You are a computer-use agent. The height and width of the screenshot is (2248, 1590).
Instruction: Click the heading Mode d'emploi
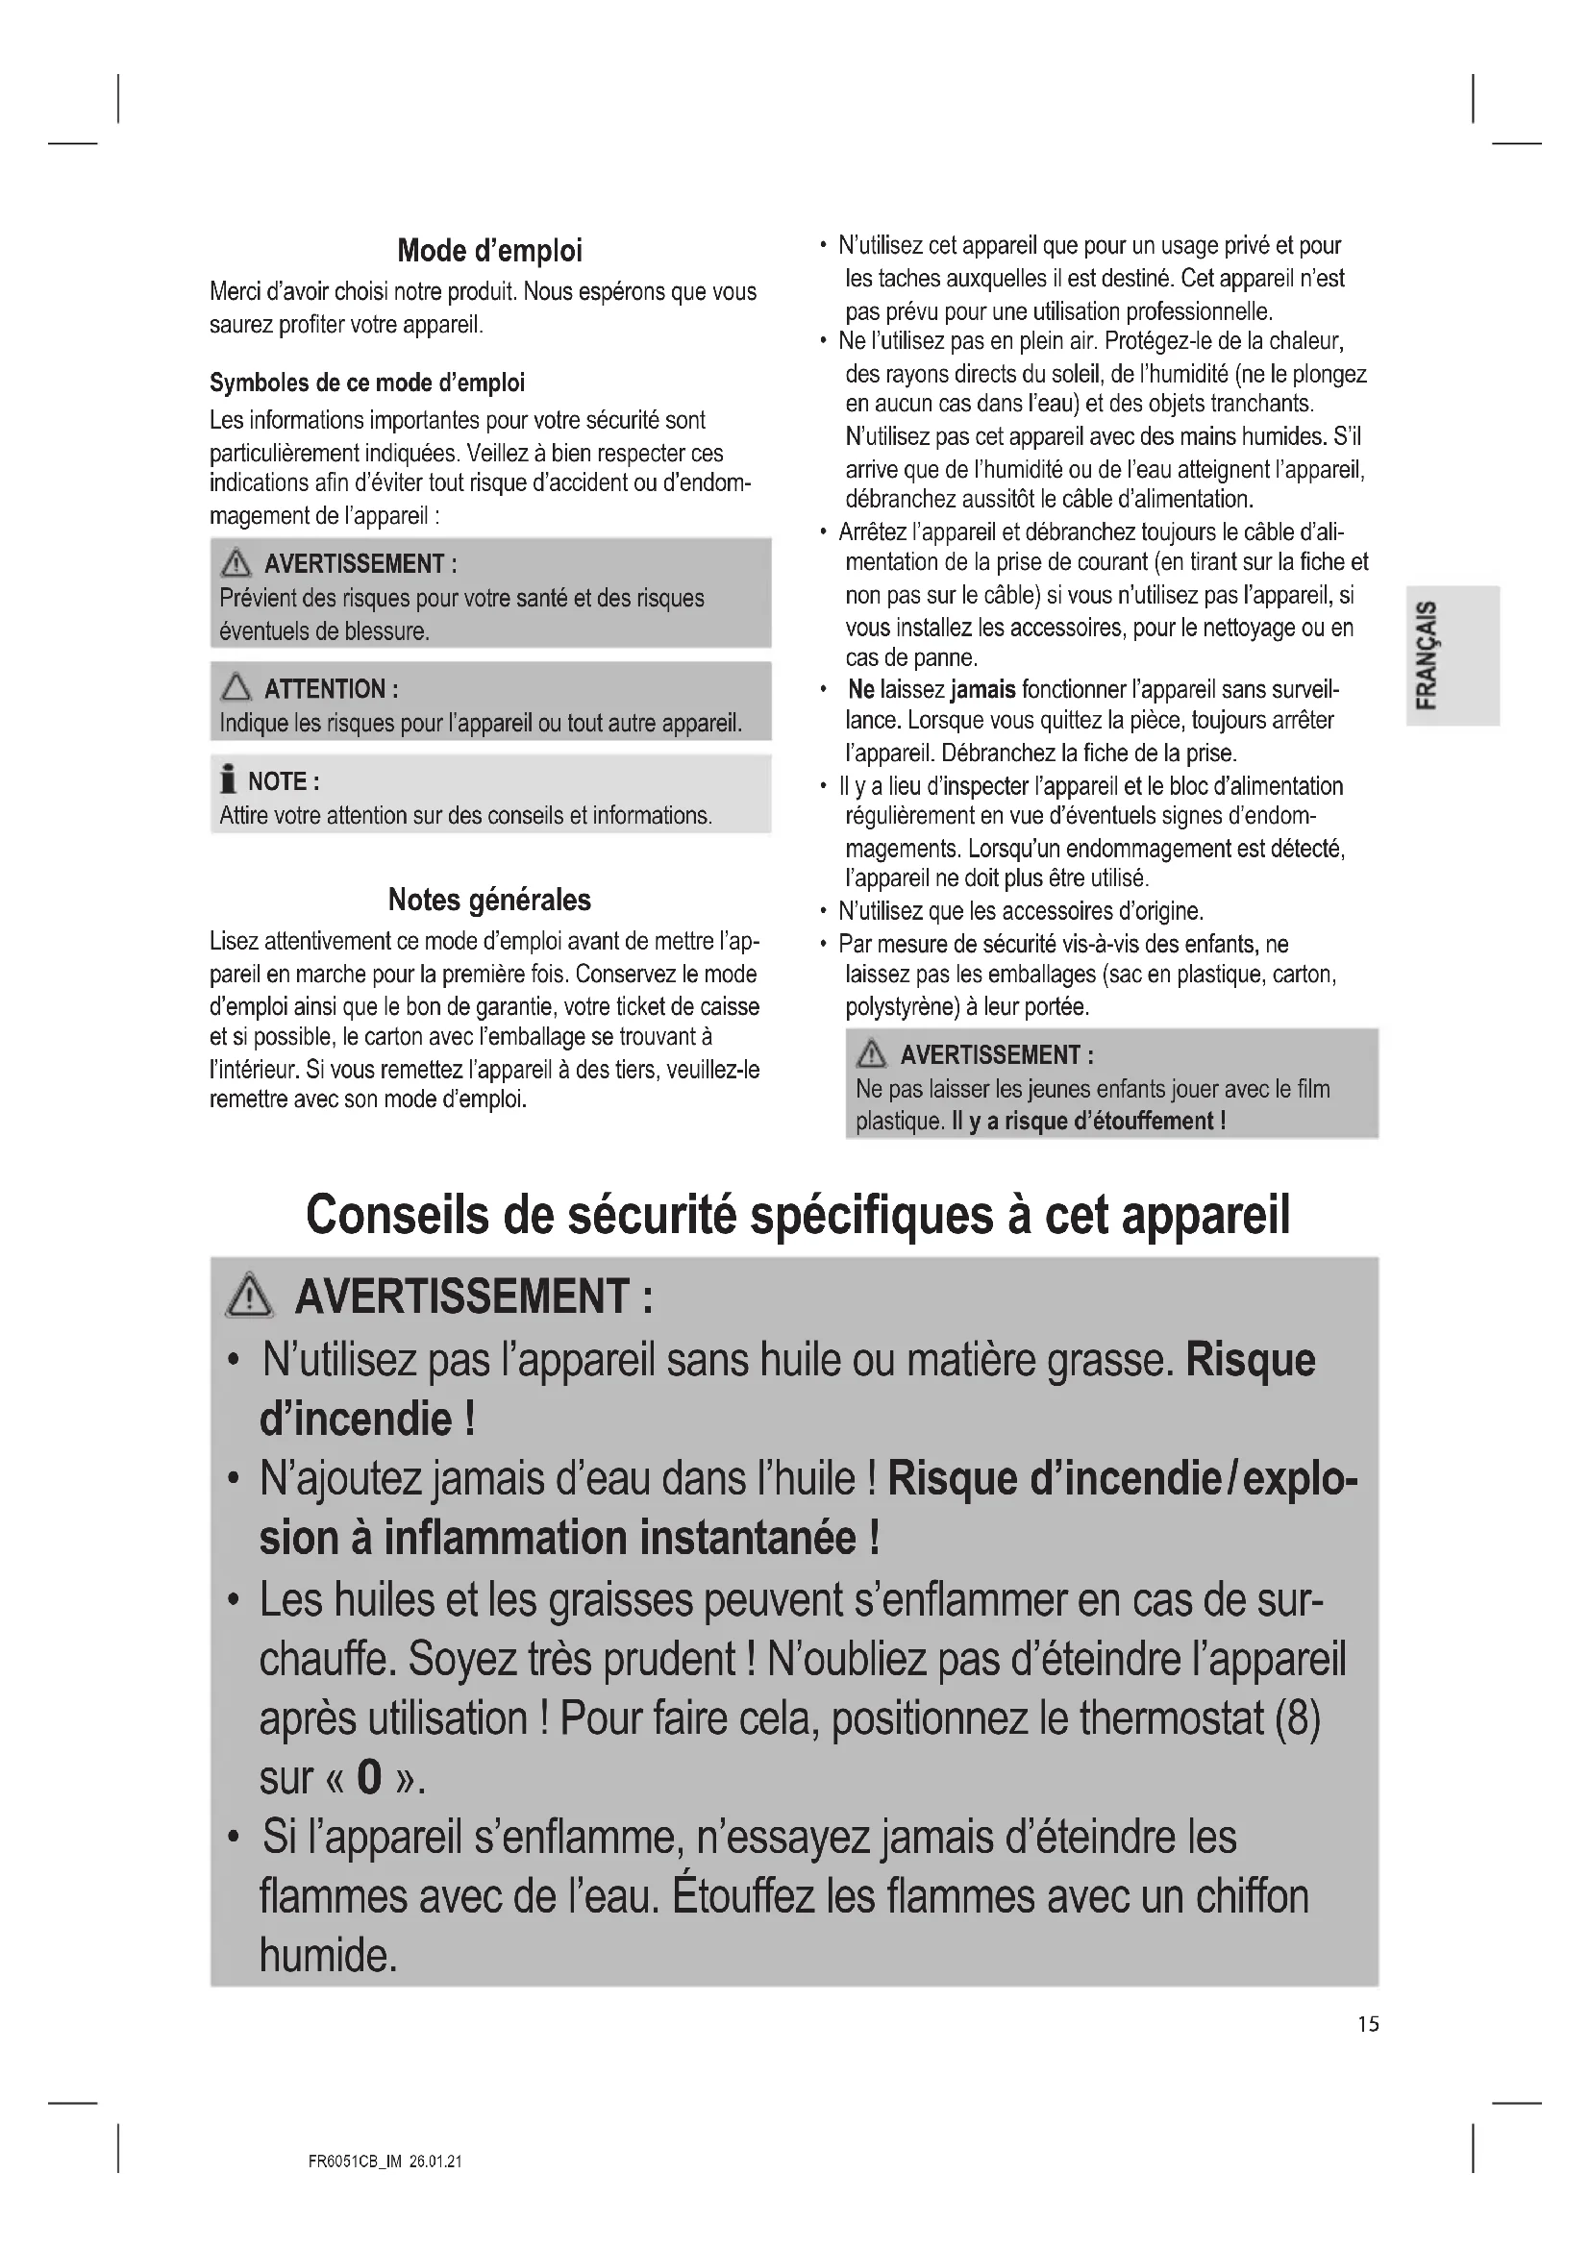(x=489, y=251)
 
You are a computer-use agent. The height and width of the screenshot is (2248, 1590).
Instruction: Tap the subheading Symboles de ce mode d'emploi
(x=366, y=382)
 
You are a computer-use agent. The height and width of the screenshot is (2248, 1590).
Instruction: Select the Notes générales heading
(x=489, y=899)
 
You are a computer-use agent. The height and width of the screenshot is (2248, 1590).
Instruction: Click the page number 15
(x=1368, y=2024)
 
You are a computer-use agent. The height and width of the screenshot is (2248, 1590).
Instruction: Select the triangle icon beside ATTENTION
(x=236, y=688)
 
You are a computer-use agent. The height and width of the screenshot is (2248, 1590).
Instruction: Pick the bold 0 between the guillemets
(x=369, y=1777)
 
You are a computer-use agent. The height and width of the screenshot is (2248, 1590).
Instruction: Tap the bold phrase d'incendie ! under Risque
(x=367, y=1419)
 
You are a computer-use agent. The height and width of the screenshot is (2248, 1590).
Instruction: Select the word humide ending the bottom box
(x=327, y=1955)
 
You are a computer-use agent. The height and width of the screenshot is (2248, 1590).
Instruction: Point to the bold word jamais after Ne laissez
(x=983, y=689)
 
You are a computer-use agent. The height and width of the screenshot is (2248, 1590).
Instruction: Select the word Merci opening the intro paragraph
(x=234, y=292)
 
